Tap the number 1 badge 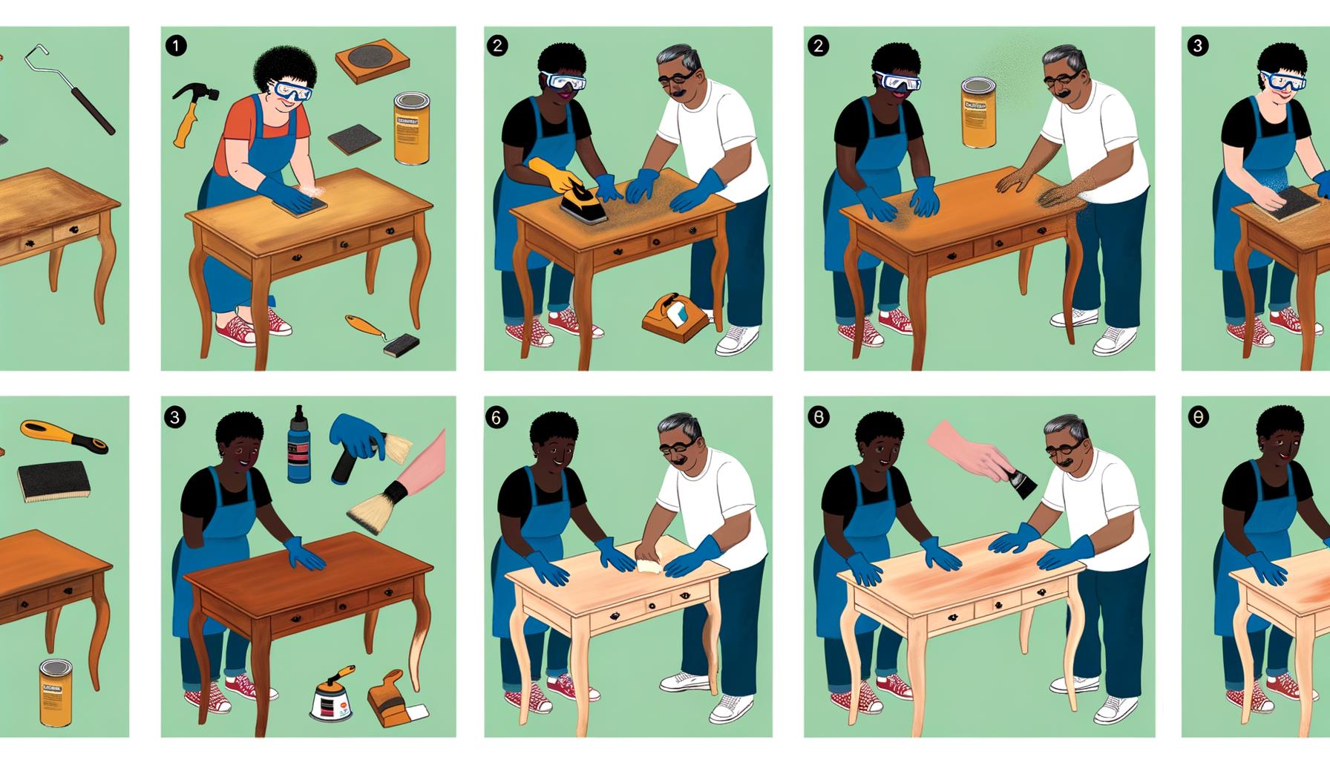175,46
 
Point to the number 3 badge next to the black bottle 175,418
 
